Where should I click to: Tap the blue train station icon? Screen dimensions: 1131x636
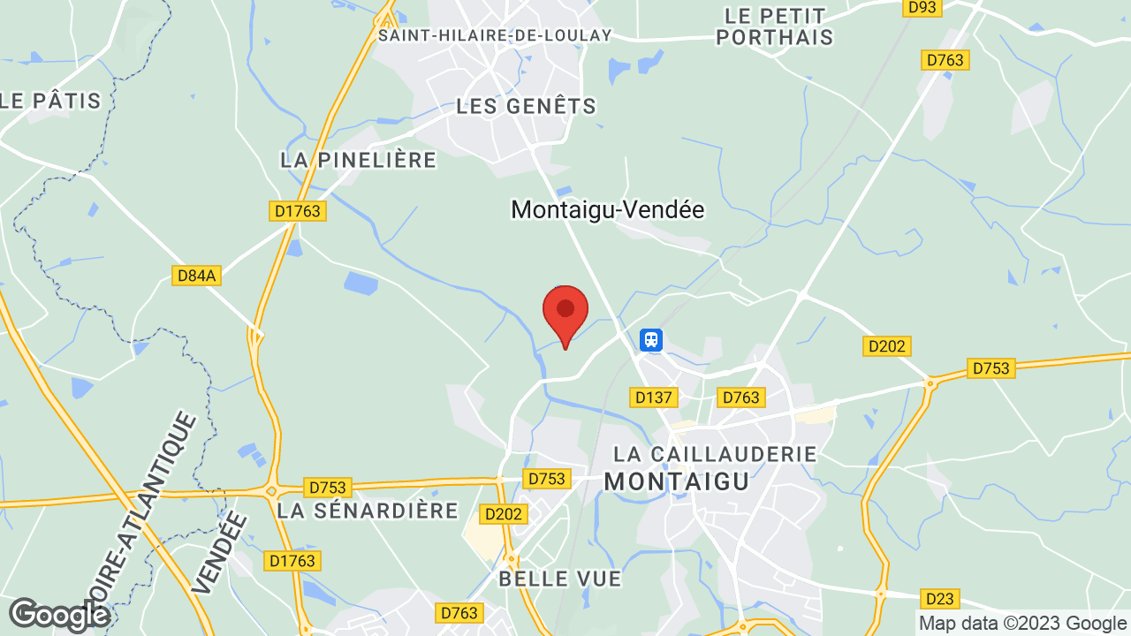pos(651,339)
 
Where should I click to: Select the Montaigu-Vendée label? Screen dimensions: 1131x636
pos(608,210)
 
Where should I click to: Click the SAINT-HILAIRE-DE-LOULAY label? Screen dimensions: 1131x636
pos(495,35)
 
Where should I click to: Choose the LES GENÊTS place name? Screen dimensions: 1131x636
pos(527,106)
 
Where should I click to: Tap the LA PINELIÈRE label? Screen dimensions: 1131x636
pos(359,160)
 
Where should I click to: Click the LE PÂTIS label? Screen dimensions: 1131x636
pos(51,101)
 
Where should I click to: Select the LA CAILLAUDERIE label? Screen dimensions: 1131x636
pos(716,454)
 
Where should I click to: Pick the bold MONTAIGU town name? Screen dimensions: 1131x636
pos(677,481)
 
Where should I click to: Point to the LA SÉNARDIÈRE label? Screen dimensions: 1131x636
pos(368,511)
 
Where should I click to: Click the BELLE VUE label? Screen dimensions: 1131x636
pos(560,579)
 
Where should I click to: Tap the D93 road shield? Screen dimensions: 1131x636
pos(923,7)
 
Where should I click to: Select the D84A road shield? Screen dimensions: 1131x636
pos(196,276)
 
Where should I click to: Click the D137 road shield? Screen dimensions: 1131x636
pos(654,397)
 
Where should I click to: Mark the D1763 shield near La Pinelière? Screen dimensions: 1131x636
pos(297,211)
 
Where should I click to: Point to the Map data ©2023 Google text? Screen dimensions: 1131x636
pos(1022,623)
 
